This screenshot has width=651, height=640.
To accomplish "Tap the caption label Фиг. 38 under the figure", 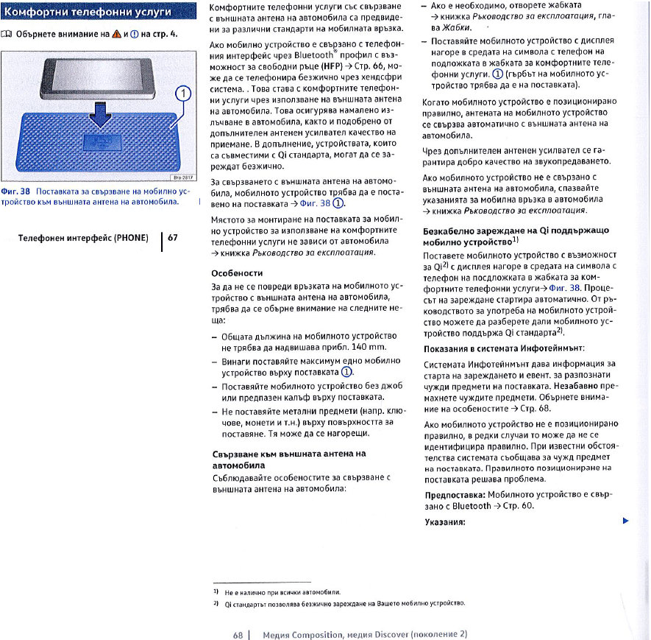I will tap(15, 191).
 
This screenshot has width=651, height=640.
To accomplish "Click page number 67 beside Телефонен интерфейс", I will tap(173, 238).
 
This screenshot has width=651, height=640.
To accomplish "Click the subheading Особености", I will tap(233, 272).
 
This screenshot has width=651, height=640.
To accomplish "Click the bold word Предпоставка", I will tap(455, 496).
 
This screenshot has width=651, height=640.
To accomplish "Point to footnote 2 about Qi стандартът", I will tap(331, 603).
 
